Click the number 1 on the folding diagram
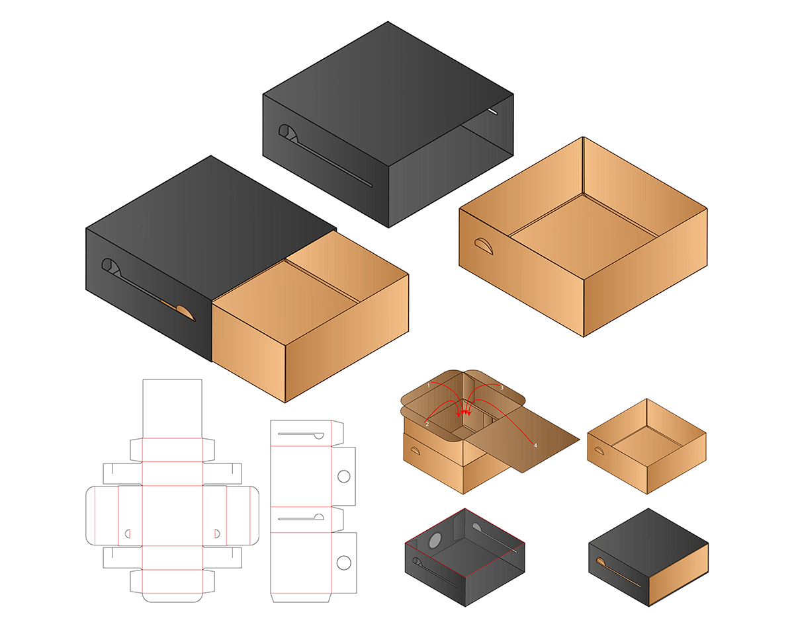(428, 385)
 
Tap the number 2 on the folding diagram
(427, 424)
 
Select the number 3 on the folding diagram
(502, 387)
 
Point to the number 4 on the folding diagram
(535, 446)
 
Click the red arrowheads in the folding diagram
(464, 413)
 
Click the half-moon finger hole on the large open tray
(484, 246)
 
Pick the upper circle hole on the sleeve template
(344, 477)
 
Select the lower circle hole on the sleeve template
(344, 563)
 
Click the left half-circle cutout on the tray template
(128, 533)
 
